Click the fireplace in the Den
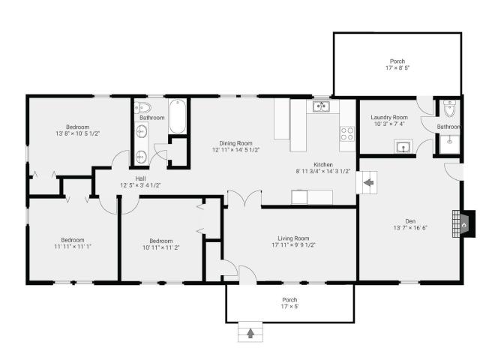[x=463, y=223]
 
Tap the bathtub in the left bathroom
[x=178, y=116]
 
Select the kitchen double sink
[x=321, y=106]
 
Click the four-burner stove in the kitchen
[x=347, y=133]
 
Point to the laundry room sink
[x=403, y=146]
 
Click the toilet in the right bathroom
[x=450, y=108]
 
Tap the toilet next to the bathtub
[x=142, y=107]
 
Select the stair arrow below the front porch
[x=250, y=333]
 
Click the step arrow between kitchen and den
[x=368, y=182]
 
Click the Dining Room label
[x=235, y=143]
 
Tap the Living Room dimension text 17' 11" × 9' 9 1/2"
[x=293, y=245]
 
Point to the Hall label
[x=140, y=178]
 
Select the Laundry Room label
[x=389, y=117]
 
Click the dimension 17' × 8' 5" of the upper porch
[x=397, y=67]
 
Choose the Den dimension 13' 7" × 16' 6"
[x=410, y=228]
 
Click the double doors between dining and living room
[x=244, y=199]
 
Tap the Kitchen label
[x=323, y=164]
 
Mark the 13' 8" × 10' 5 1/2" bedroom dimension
[x=78, y=133]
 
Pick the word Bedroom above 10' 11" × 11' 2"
[x=161, y=241]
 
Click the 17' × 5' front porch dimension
[x=289, y=307]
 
